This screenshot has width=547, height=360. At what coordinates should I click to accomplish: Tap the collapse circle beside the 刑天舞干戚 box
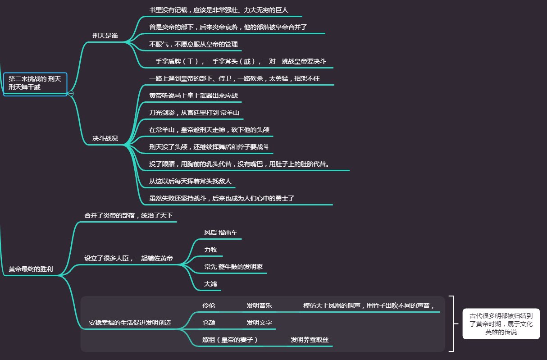coord(71,93)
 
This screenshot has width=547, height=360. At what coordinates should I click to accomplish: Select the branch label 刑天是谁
coord(105,36)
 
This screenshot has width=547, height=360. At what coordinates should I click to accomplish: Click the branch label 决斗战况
coord(105,138)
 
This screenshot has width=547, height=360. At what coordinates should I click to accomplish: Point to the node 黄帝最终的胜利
coord(31,269)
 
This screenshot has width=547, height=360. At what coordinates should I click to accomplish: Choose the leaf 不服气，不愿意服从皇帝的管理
coord(193,44)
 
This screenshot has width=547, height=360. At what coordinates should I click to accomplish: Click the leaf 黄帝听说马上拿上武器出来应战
coord(193,96)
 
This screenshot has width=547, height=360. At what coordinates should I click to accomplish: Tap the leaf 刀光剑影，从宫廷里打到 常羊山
coord(194,113)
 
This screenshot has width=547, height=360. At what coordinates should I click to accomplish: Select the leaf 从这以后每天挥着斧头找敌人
coord(190,181)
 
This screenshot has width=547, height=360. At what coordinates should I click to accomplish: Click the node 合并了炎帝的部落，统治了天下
coord(128,215)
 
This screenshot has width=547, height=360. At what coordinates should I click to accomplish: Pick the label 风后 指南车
coord(220,232)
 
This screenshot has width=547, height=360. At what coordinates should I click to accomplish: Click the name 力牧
coord(210,250)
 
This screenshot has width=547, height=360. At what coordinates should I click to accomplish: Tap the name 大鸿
coord(210,284)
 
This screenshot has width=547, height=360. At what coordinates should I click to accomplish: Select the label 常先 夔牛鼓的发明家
coord(233,267)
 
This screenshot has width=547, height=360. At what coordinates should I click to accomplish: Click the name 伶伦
coord(209,305)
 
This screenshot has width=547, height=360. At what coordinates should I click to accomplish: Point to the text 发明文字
coord(259,323)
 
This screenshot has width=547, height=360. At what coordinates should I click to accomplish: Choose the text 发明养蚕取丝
coord(310,340)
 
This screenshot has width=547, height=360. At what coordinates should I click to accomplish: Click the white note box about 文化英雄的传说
coord(501,324)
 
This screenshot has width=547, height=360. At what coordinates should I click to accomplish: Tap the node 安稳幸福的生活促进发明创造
coord(130,323)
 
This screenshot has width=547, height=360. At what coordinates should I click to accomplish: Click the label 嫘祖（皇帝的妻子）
coord(230,340)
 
